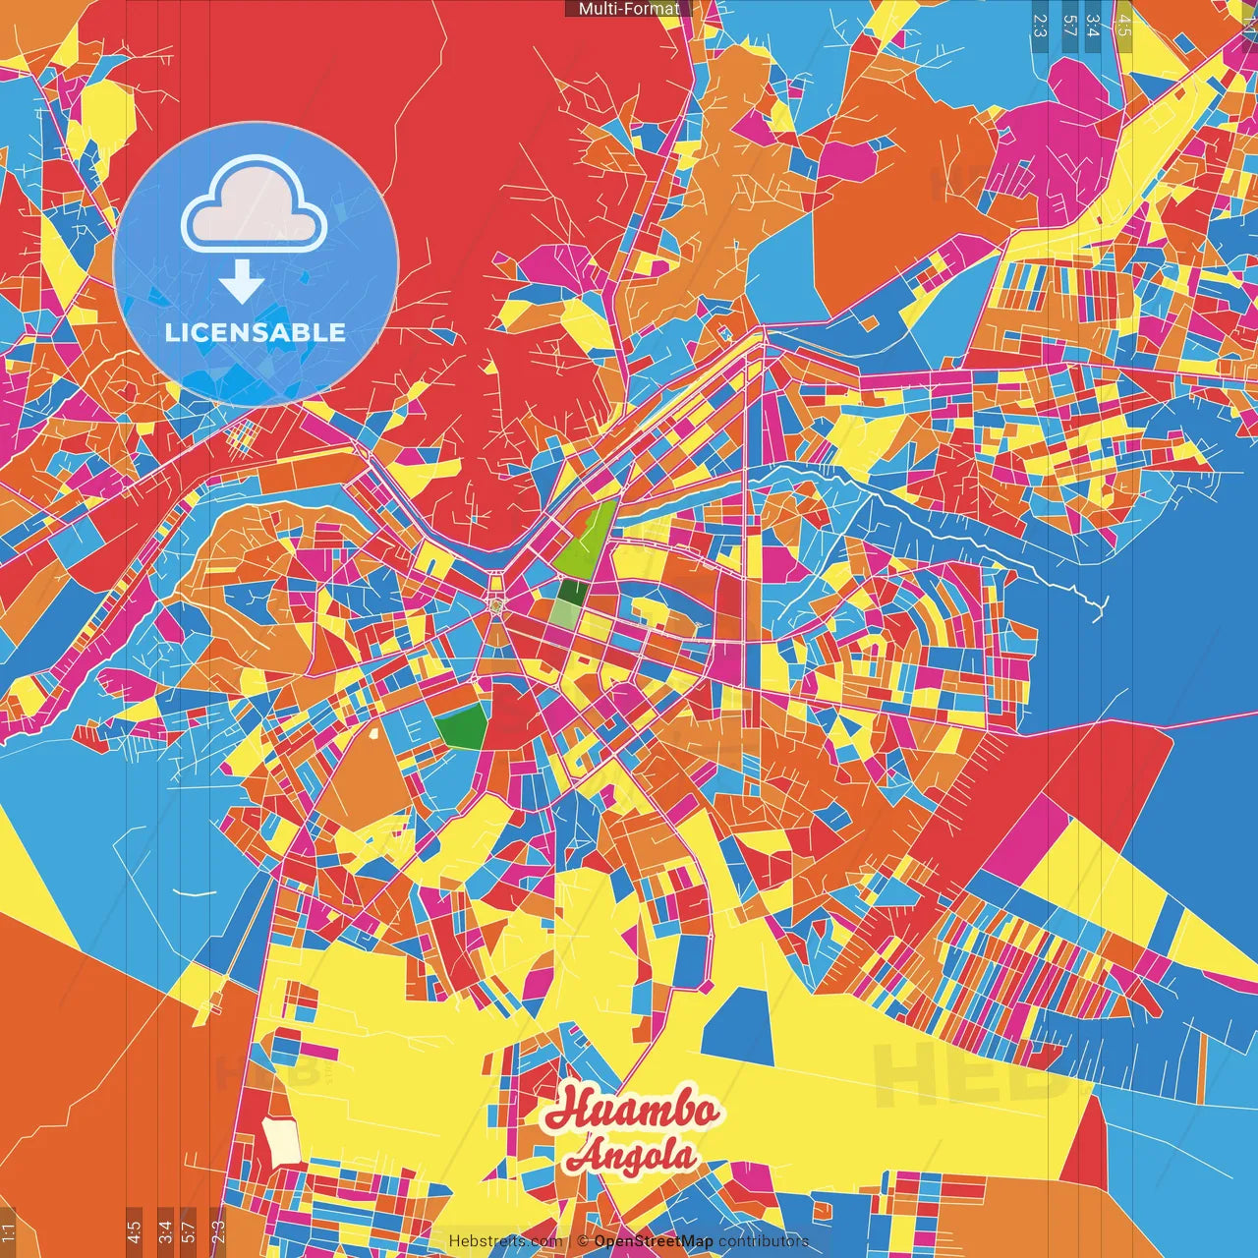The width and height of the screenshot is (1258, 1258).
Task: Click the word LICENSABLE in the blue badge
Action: click(256, 332)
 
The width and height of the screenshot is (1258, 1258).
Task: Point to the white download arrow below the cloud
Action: click(241, 283)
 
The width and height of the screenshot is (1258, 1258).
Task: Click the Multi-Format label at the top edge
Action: click(629, 9)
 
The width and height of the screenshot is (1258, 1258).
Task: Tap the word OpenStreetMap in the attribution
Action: click(654, 1241)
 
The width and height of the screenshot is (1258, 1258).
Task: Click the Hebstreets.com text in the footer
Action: click(505, 1241)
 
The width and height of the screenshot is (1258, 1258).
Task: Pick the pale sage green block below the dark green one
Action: click(564, 614)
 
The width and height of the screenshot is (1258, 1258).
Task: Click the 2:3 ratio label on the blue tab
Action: click(1040, 25)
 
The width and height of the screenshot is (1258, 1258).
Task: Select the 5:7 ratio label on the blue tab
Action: click(1069, 25)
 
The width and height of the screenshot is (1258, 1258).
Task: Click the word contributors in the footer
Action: click(764, 1241)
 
